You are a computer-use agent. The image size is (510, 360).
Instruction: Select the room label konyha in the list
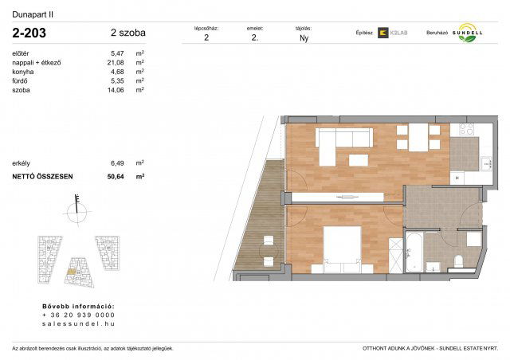(24, 72)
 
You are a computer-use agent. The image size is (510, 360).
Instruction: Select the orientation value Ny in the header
(304, 37)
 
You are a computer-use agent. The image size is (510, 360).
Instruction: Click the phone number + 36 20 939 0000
(78, 315)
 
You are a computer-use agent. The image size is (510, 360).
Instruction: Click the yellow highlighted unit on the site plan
(72, 273)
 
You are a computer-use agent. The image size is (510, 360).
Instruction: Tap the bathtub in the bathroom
(414, 250)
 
